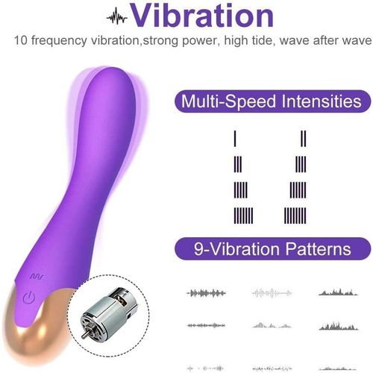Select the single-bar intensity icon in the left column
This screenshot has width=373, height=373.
pos(235,138)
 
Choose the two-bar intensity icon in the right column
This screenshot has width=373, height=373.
pos(304,138)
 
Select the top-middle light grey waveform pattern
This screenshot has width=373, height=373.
pos(270,292)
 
